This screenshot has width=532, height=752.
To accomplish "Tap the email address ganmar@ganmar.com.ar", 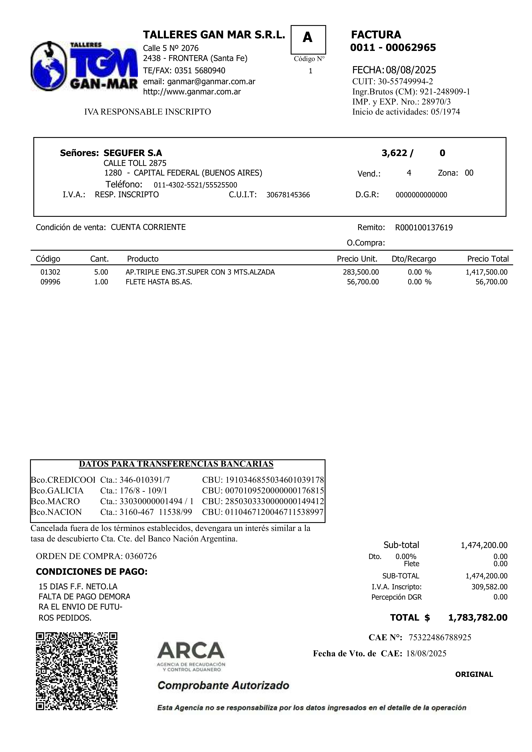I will click(211, 82).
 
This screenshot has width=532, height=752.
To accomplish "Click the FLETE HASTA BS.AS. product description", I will click(159, 282).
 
